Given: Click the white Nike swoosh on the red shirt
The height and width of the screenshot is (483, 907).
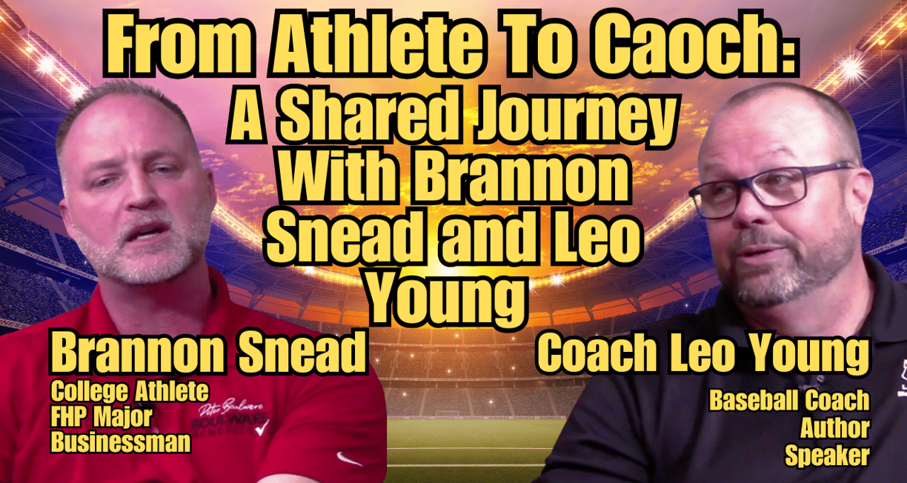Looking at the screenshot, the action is [348, 459].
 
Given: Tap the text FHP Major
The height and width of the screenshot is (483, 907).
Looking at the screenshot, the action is [102, 417].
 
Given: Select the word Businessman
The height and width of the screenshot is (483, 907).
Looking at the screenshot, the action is [121, 442].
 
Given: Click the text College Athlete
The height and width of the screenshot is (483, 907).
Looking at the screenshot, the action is [130, 391].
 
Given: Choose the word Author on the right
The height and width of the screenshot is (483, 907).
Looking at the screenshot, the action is [835, 428].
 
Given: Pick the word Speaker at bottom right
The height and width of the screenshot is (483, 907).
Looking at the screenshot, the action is [827, 455].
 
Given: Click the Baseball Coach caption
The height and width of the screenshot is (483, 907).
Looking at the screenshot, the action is [790, 401].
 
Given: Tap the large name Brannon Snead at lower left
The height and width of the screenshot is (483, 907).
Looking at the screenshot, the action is [207, 352].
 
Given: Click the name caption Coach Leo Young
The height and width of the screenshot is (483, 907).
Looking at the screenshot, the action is [703, 352].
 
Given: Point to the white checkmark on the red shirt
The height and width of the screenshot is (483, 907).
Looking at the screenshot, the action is [262, 427].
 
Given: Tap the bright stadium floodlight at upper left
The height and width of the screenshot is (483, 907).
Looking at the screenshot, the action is [47, 64].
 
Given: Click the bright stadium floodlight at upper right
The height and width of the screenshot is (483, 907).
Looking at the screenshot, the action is [852, 67].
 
